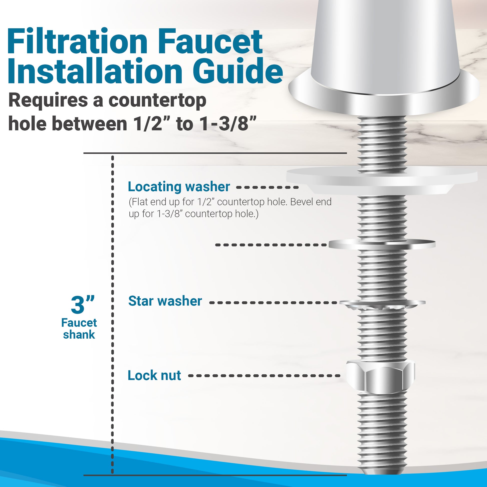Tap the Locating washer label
click(x=179, y=187)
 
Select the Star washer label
click(x=165, y=301)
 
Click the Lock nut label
click(x=154, y=375)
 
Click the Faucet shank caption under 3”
click(x=79, y=329)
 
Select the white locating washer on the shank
click(x=382, y=180)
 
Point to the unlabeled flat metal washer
click(x=382, y=244)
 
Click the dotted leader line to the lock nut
click(x=265, y=376)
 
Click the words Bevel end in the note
click(x=311, y=202)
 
